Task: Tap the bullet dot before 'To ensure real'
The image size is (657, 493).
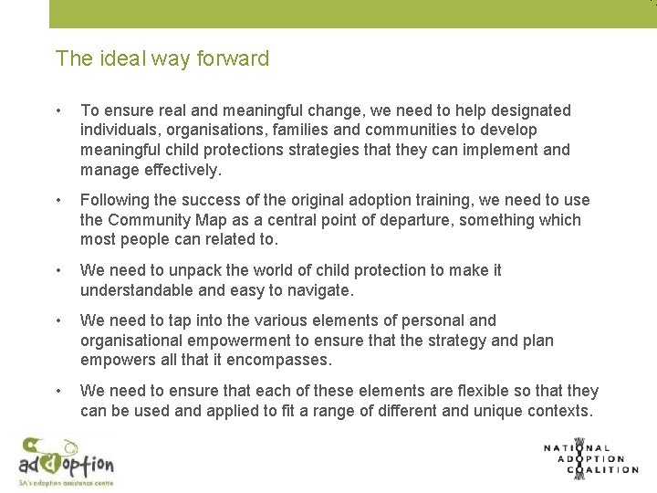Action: point(58,111)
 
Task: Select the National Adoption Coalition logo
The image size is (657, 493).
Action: point(590,458)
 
